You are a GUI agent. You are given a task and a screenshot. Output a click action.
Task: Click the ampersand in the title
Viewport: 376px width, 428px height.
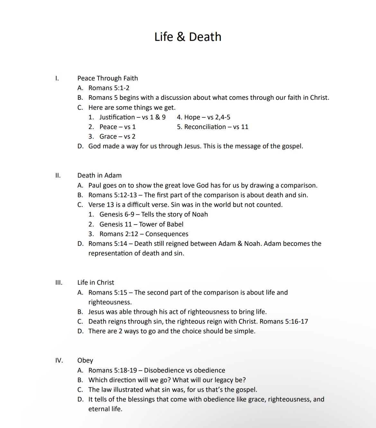tap(181, 37)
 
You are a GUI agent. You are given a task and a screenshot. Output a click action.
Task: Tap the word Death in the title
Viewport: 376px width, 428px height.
tap(205, 37)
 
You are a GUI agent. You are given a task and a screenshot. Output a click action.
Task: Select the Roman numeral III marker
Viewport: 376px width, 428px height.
tap(58, 282)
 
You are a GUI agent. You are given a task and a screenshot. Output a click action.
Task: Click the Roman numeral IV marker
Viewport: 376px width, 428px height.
tap(59, 360)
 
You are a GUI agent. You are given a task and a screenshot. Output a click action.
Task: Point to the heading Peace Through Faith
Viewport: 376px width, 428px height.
tap(107, 78)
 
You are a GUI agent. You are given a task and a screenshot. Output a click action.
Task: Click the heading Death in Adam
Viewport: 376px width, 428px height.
tap(99, 175)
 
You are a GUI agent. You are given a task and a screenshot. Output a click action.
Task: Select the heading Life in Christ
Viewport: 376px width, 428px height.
tap(95, 282)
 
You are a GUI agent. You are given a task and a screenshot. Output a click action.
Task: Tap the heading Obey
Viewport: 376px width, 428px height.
tap(85, 360)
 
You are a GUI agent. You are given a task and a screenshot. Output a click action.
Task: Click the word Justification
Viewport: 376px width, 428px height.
tap(117, 117)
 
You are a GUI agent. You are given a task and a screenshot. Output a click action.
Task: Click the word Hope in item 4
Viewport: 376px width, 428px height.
tap(192, 117)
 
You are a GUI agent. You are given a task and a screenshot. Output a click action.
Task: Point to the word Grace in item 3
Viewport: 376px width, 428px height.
tap(108, 137)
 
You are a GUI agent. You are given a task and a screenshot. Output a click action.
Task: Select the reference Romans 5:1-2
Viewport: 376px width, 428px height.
tap(109, 88)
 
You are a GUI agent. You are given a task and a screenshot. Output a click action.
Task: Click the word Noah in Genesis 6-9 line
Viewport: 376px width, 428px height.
tap(200, 214)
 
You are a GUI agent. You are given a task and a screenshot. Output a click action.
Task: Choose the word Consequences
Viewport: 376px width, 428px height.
tap(167, 234)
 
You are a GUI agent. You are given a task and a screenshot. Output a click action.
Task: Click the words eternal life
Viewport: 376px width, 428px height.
tap(105, 409)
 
